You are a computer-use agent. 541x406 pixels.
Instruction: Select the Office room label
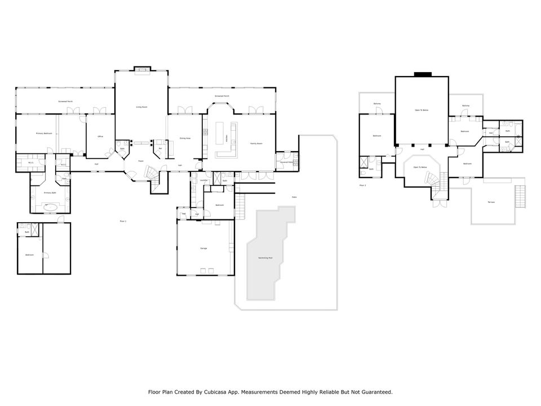(x=100, y=136)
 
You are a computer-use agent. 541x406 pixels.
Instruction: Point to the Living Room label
(x=141, y=107)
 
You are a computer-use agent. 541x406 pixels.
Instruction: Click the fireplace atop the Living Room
(x=141, y=70)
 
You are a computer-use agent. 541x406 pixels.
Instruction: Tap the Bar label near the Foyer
(x=160, y=149)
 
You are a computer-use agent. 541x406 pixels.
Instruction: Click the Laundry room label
(x=203, y=180)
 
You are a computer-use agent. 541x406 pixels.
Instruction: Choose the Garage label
(x=204, y=248)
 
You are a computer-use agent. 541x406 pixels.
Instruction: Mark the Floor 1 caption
(x=123, y=220)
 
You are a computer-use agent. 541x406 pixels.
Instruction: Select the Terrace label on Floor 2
(x=491, y=202)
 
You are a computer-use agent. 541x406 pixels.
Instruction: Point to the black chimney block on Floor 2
(x=422, y=74)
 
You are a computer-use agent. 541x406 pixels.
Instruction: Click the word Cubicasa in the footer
(x=218, y=391)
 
